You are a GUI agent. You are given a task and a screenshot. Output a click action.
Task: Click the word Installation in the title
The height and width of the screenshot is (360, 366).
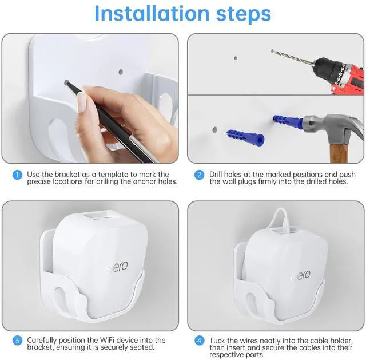point(152,14)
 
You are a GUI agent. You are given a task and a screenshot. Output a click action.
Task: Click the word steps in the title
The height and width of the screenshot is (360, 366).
point(244,14)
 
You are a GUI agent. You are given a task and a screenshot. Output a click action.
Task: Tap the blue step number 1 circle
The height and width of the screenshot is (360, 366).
point(17,175)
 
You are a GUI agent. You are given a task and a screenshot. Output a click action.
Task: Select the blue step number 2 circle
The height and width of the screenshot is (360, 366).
point(199,175)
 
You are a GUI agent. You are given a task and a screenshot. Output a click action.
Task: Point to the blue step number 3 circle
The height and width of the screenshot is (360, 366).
point(17,341)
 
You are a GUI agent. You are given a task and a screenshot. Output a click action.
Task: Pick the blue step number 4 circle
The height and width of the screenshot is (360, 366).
point(199,341)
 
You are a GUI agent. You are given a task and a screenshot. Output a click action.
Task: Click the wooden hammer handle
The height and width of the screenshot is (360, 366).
point(338,153)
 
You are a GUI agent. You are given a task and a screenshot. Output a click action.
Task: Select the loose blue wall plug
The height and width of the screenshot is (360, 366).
point(245,138)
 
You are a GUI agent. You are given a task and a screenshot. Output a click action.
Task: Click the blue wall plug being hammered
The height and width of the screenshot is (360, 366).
point(288,121)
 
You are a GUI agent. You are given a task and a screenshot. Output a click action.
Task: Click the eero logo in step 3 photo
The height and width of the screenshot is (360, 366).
point(117,267)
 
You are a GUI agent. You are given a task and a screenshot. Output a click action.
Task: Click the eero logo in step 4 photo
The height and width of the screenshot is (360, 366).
point(301,275)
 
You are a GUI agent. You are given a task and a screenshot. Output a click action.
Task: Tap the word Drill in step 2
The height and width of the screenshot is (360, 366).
point(216,175)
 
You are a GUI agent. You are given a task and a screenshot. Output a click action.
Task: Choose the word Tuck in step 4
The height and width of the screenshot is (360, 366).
point(217,341)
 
